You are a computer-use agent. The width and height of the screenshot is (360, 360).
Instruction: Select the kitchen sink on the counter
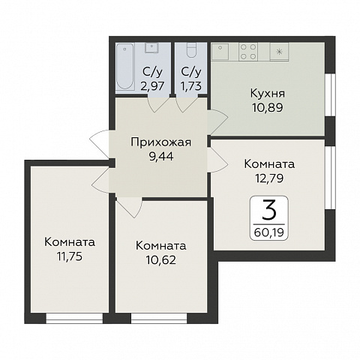pos(223,52)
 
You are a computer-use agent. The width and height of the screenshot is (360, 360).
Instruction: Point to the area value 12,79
pos(268,178)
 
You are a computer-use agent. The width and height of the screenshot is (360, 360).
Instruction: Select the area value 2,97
pos(149,85)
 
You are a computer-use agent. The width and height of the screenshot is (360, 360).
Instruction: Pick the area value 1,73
pos(191,85)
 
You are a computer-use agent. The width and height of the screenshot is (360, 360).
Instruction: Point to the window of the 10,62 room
pos(159,317)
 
